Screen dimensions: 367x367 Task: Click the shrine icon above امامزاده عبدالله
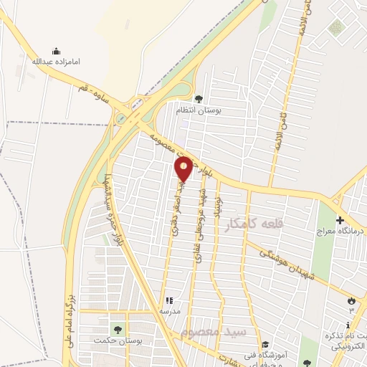click(57, 51)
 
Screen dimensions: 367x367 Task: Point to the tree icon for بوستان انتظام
click(199, 99)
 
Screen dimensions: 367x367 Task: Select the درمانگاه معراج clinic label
click(341, 232)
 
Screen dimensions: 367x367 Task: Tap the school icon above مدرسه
click(169, 302)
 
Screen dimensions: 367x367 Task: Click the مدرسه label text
click(170, 313)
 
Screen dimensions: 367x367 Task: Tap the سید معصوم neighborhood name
click(223, 332)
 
